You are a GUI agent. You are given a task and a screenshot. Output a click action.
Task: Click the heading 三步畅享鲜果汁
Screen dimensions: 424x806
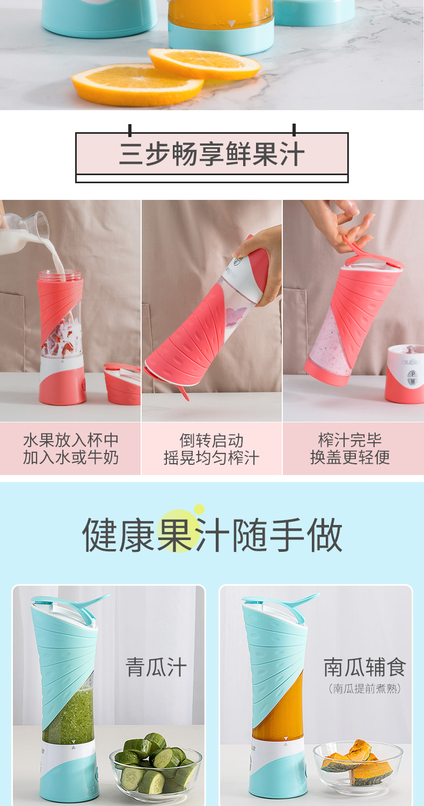[x=212, y=154]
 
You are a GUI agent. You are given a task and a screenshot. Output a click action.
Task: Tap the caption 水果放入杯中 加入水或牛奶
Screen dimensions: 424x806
[x=71, y=449]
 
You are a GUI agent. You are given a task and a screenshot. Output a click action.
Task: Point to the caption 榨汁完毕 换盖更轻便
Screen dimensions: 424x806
[x=350, y=448]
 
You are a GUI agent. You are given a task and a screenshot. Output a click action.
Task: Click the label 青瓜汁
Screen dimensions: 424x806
[x=156, y=667]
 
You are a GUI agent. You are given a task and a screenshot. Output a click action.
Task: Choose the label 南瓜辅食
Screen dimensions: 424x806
[x=365, y=667]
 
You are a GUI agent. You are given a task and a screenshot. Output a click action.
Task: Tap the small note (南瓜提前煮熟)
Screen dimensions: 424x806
[x=365, y=689]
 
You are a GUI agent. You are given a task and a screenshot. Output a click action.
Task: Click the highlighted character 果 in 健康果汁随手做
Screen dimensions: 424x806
[x=176, y=535]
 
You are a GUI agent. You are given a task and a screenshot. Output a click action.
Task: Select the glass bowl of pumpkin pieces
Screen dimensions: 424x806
[x=358, y=768]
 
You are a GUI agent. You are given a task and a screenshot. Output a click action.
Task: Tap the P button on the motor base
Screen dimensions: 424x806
[x=413, y=374]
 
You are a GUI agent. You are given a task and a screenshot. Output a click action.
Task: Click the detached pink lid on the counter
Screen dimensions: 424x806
[x=122, y=384]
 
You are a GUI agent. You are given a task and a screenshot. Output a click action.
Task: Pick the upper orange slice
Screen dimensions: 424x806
[x=204, y=64]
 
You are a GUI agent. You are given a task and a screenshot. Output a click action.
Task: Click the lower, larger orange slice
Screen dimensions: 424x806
[x=137, y=85]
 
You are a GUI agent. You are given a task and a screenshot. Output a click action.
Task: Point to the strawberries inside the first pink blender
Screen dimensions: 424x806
[x=59, y=342]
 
